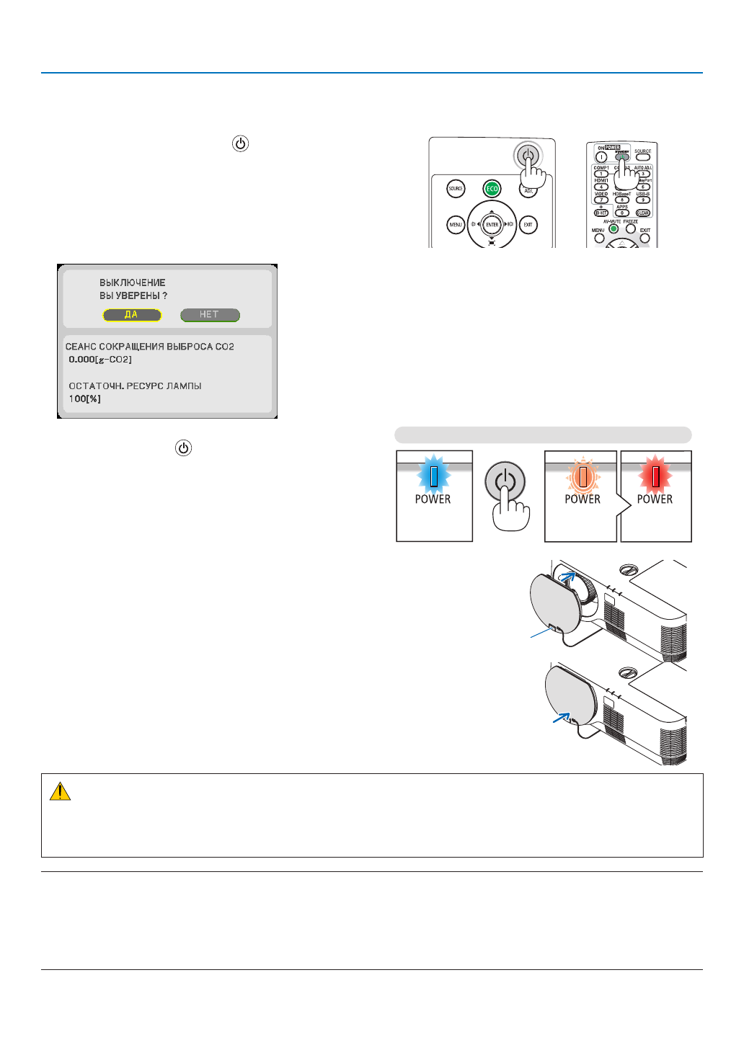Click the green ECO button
click(x=492, y=189)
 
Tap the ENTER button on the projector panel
click(x=492, y=225)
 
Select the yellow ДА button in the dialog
click(x=132, y=315)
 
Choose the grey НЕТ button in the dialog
click(x=210, y=315)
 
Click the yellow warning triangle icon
click(x=60, y=792)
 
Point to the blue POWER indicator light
click(x=433, y=476)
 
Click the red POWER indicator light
click(x=655, y=476)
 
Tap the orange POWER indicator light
click(x=582, y=476)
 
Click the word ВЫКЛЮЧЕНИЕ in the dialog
click(x=133, y=282)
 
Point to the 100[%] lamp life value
click(x=85, y=399)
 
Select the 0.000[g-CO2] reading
click(x=100, y=359)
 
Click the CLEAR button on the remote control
click(x=643, y=213)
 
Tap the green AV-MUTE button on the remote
click(x=614, y=229)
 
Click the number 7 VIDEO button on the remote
click(x=601, y=200)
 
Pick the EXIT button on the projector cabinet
click(x=528, y=225)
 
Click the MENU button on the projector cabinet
click(x=456, y=225)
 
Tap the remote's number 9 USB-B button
click(x=643, y=200)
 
